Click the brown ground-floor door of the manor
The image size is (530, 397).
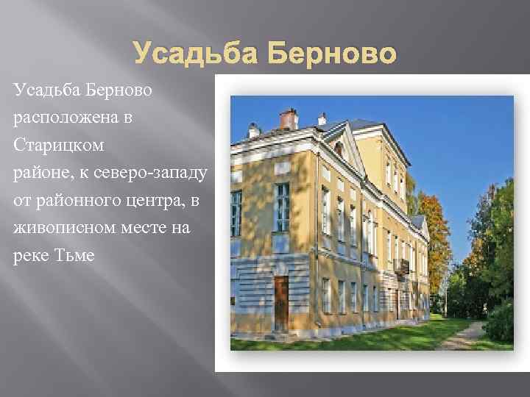point(281,303)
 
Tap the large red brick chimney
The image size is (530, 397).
point(289,118)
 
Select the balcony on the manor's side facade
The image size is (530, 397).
point(401,265)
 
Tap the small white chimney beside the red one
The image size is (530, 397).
point(322,119)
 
